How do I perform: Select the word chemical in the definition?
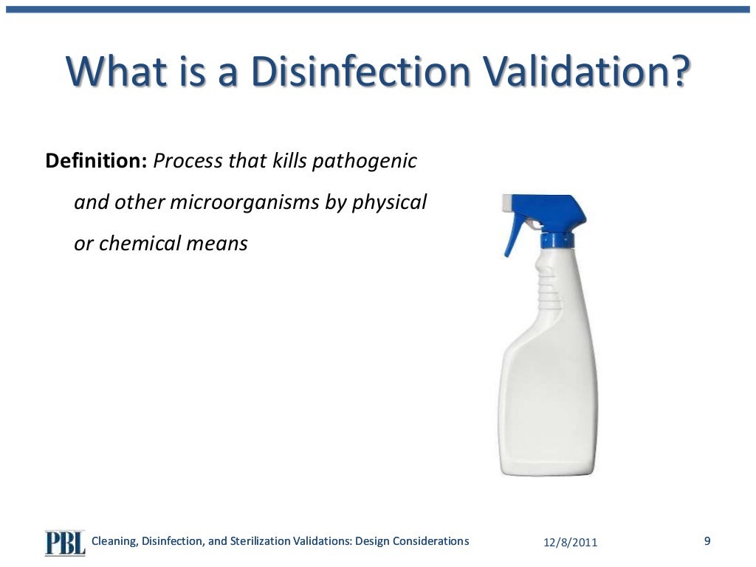point(132,244)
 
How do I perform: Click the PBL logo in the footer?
point(65,543)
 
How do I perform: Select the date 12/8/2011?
point(571,543)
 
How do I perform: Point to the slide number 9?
point(707,541)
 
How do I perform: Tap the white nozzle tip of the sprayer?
point(508,202)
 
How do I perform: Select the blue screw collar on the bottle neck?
point(557,238)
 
